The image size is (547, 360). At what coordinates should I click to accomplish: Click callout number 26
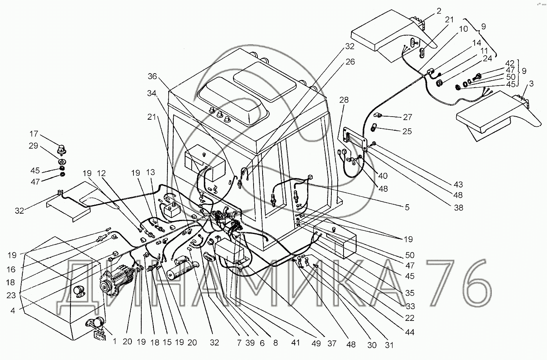pos(350,62)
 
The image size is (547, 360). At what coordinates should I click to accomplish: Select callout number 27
pos(407,117)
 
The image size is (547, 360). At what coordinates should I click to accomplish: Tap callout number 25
pos(407,131)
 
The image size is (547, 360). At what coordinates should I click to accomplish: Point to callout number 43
pos(458,185)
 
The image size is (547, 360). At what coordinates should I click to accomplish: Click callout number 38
pos(458,208)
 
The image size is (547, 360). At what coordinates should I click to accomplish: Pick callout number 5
pos(407,207)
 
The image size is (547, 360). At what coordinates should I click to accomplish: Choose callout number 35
pos(410,293)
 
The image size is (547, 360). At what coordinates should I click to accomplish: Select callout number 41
pos(295,343)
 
